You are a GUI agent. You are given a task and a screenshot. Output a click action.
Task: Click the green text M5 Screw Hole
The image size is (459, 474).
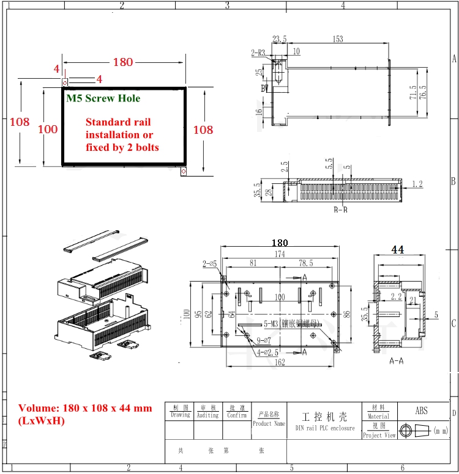pos(103,98)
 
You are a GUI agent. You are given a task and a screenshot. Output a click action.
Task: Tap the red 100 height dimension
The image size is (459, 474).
pos(48,129)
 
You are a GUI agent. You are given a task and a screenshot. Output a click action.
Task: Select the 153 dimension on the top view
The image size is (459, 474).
pos(337,39)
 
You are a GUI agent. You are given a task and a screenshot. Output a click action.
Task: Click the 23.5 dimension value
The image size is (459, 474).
pos(279,39)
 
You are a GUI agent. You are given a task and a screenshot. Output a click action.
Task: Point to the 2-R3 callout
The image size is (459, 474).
pos(258,53)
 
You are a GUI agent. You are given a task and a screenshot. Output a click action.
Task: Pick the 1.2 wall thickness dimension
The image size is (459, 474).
pos(417,183)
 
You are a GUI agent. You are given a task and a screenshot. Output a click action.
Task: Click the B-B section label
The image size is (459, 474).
pos(340,210)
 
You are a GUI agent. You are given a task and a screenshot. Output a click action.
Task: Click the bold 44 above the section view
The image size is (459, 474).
pos(398,249)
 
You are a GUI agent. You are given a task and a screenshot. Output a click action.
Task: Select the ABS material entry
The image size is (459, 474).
pos(422,411)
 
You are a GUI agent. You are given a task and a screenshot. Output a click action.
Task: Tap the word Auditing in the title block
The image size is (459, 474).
pos(207,415)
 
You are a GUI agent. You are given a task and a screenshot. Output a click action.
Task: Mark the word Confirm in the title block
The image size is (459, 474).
pos(237,415)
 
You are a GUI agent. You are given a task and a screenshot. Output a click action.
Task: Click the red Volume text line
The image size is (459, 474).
pos(85,409)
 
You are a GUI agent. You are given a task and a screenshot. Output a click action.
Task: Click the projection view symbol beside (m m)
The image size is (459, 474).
pos(414,431)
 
